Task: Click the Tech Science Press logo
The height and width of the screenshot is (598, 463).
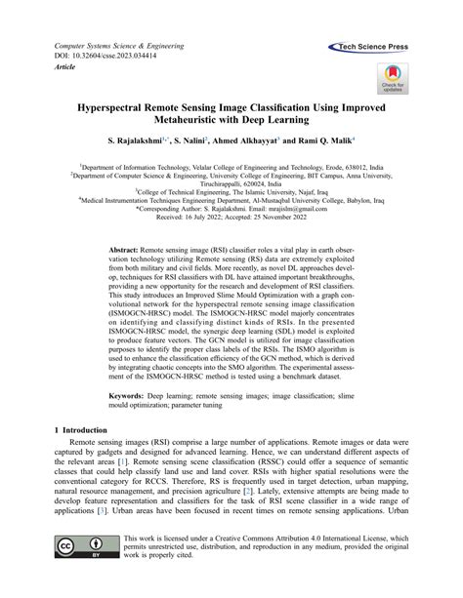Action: coord(371,45)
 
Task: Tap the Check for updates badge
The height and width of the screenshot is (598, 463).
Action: coord(392,77)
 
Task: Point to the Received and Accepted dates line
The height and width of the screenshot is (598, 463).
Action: coord(231,219)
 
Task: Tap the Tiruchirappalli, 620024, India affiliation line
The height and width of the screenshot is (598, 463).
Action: coord(231,180)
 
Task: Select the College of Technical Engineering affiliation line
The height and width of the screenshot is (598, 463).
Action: coord(231,190)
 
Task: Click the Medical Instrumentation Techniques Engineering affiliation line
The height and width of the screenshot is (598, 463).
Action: coord(231,200)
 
